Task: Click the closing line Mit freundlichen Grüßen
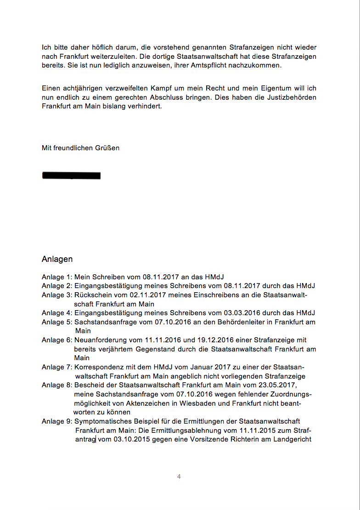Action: click(80, 148)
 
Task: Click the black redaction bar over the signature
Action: click(71, 175)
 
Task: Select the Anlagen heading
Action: click(57, 259)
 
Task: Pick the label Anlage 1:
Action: click(57, 277)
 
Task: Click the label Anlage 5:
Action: click(57, 322)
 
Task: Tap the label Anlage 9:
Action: click(57, 421)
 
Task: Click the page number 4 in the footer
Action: click(179, 476)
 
